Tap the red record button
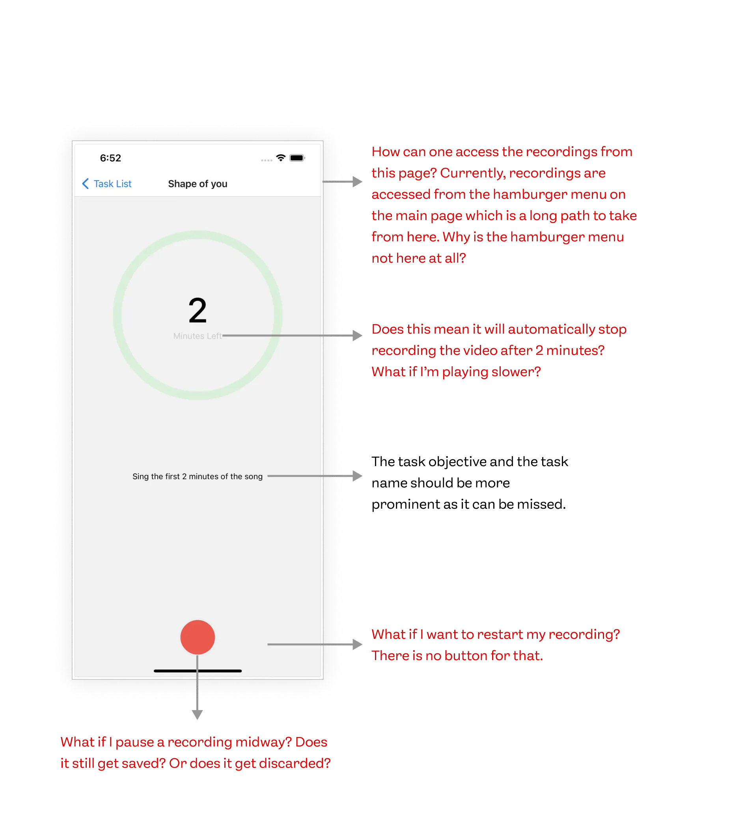point(198,637)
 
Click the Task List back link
point(112,184)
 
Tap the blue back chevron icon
point(85,184)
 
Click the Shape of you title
point(198,184)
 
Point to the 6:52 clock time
point(110,158)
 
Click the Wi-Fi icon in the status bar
point(281,158)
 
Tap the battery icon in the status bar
point(297,158)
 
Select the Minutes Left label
point(198,336)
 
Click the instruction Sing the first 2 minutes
point(198,476)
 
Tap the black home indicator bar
point(198,671)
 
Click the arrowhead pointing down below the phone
point(197,715)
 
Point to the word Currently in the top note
point(473,174)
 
